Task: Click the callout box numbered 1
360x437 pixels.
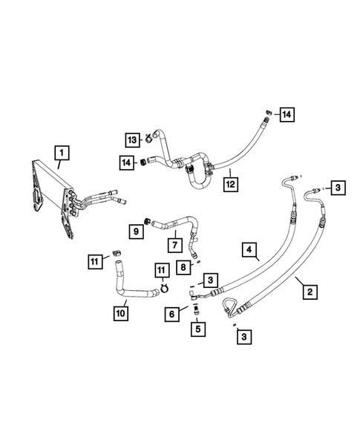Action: click(x=62, y=153)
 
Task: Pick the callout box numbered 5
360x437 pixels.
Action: click(x=197, y=327)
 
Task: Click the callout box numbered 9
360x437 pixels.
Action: click(x=137, y=231)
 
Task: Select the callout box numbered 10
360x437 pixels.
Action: click(x=121, y=313)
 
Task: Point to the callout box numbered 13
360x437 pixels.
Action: click(x=131, y=139)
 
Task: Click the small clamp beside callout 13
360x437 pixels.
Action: click(x=148, y=137)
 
